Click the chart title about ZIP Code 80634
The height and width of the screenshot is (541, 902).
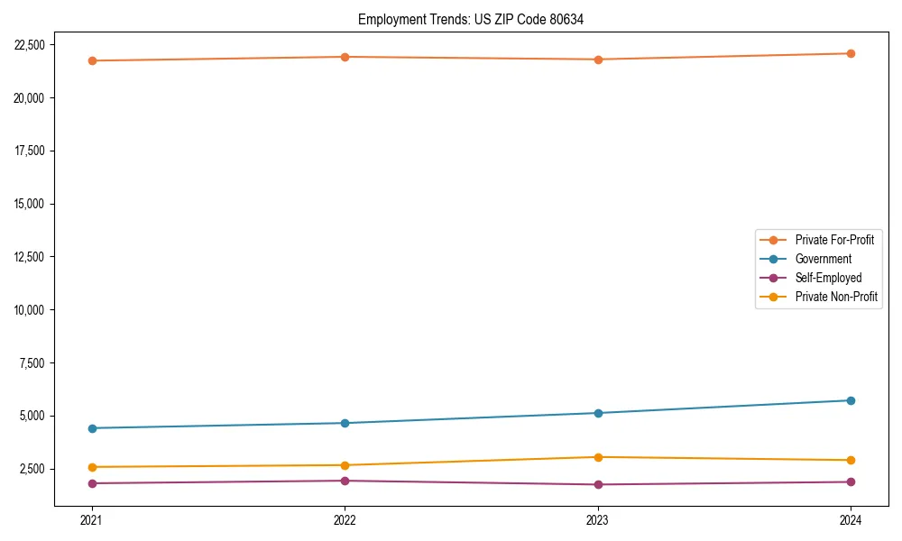tap(471, 20)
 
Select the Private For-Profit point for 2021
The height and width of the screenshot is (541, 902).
tap(92, 60)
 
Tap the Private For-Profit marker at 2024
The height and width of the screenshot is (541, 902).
tap(851, 53)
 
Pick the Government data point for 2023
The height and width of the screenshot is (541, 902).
tap(598, 413)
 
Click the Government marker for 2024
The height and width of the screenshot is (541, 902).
tap(851, 400)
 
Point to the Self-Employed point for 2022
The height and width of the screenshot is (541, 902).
tap(345, 481)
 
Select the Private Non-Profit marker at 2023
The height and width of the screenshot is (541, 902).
tap(598, 457)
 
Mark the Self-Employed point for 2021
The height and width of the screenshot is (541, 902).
tap(92, 483)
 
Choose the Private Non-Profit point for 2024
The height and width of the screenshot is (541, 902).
tap(851, 460)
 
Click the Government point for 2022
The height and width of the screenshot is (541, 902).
tap(345, 423)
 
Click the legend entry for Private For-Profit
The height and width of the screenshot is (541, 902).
tap(834, 240)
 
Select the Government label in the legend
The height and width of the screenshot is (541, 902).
tap(823, 259)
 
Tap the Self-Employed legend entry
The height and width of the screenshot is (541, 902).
tap(828, 278)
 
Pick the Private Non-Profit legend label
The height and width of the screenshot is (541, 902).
tap(836, 297)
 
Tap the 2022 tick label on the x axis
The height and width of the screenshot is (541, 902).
tap(345, 519)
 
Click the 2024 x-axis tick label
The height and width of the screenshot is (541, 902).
tap(851, 519)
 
